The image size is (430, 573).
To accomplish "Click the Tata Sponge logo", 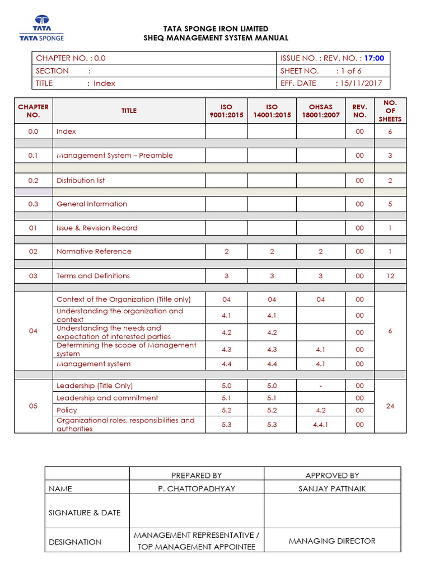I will pos(41,29).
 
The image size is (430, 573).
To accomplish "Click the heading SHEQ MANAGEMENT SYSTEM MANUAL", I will pos(216,38).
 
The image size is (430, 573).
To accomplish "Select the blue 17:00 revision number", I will pos(374,58).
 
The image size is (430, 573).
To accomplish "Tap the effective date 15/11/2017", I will pos(358,83).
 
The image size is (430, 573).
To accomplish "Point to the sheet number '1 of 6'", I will pos(348,71).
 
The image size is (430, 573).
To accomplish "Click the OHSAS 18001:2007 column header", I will pos(320,111).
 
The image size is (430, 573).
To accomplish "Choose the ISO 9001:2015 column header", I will pos(226,111).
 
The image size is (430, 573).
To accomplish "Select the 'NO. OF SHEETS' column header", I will pos(390,111).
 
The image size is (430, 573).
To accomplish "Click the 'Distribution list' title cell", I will pos(81,180).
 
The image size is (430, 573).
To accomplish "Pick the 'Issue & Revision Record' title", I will pos(97,228).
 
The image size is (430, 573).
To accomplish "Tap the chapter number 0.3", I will pos(33,204).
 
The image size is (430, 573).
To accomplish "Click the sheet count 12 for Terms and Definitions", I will pos(390,276).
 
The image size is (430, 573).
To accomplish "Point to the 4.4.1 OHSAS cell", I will pos(320,425).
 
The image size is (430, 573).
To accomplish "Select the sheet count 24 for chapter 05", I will pos(390,406).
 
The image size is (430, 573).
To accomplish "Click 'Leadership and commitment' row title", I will pos(107,398).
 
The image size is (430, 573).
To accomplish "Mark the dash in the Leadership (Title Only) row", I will pos(320,386).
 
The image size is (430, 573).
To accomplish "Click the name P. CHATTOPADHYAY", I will pos(197,489).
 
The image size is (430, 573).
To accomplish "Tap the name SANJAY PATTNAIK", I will pos(332,489).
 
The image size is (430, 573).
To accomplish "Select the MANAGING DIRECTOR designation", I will pos(332,541).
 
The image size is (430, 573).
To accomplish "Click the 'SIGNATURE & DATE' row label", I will pos(85,513).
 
